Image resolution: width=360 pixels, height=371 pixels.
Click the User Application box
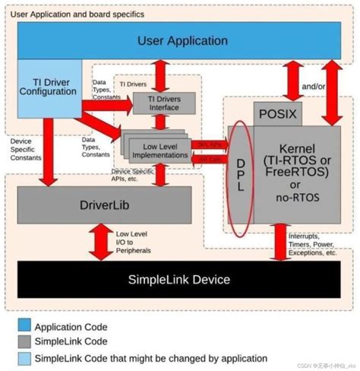pyautogui.click(x=182, y=41)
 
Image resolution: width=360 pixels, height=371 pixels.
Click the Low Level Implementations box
pyautogui.click(x=159, y=150)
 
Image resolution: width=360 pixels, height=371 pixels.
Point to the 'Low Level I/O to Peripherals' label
pyautogui.click(x=135, y=242)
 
